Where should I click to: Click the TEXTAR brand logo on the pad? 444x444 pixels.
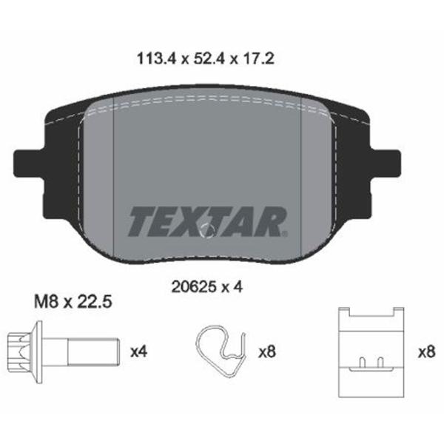pyautogui.click(x=208, y=221)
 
